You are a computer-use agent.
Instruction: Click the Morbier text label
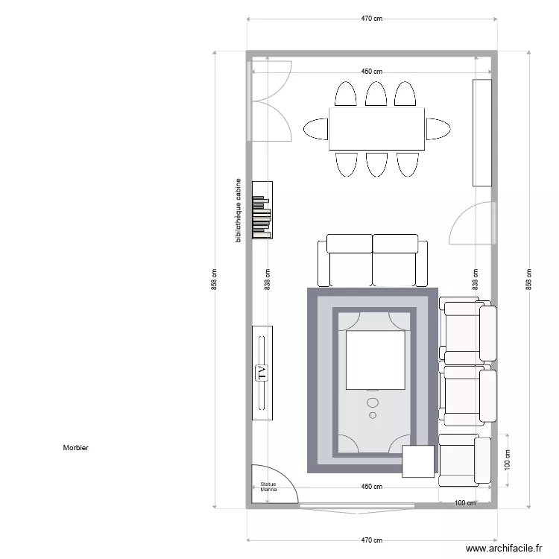click(76, 448)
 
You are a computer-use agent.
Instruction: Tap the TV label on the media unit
click(262, 373)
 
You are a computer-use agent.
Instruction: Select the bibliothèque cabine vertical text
click(238, 210)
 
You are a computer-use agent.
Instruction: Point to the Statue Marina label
click(268, 487)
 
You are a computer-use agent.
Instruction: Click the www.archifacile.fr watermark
click(505, 549)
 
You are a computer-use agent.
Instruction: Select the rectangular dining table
click(376, 128)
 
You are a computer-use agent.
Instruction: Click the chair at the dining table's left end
click(316, 129)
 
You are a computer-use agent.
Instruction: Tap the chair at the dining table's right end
click(438, 129)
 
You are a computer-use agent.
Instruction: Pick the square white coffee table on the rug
click(375, 361)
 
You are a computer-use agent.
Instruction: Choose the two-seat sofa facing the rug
click(373, 260)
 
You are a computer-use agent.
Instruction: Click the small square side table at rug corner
click(418, 461)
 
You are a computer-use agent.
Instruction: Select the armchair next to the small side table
click(464, 459)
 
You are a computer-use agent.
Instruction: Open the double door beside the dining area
click(270, 101)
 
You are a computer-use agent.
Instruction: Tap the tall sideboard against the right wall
click(482, 132)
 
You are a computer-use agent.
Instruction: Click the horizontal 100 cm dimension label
click(465, 503)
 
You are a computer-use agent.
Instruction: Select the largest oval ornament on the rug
click(373, 402)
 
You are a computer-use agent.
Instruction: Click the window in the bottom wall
click(358, 506)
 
